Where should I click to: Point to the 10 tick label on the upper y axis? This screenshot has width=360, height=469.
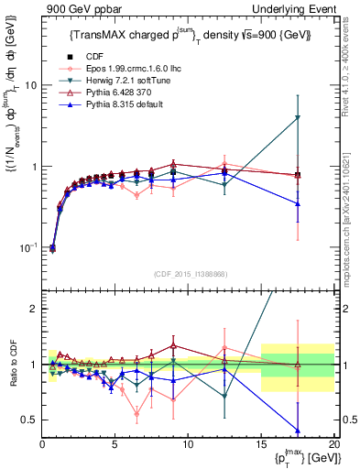29,85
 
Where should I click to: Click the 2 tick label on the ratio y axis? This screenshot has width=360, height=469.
33,309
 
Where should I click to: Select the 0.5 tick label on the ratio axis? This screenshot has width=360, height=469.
29,420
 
